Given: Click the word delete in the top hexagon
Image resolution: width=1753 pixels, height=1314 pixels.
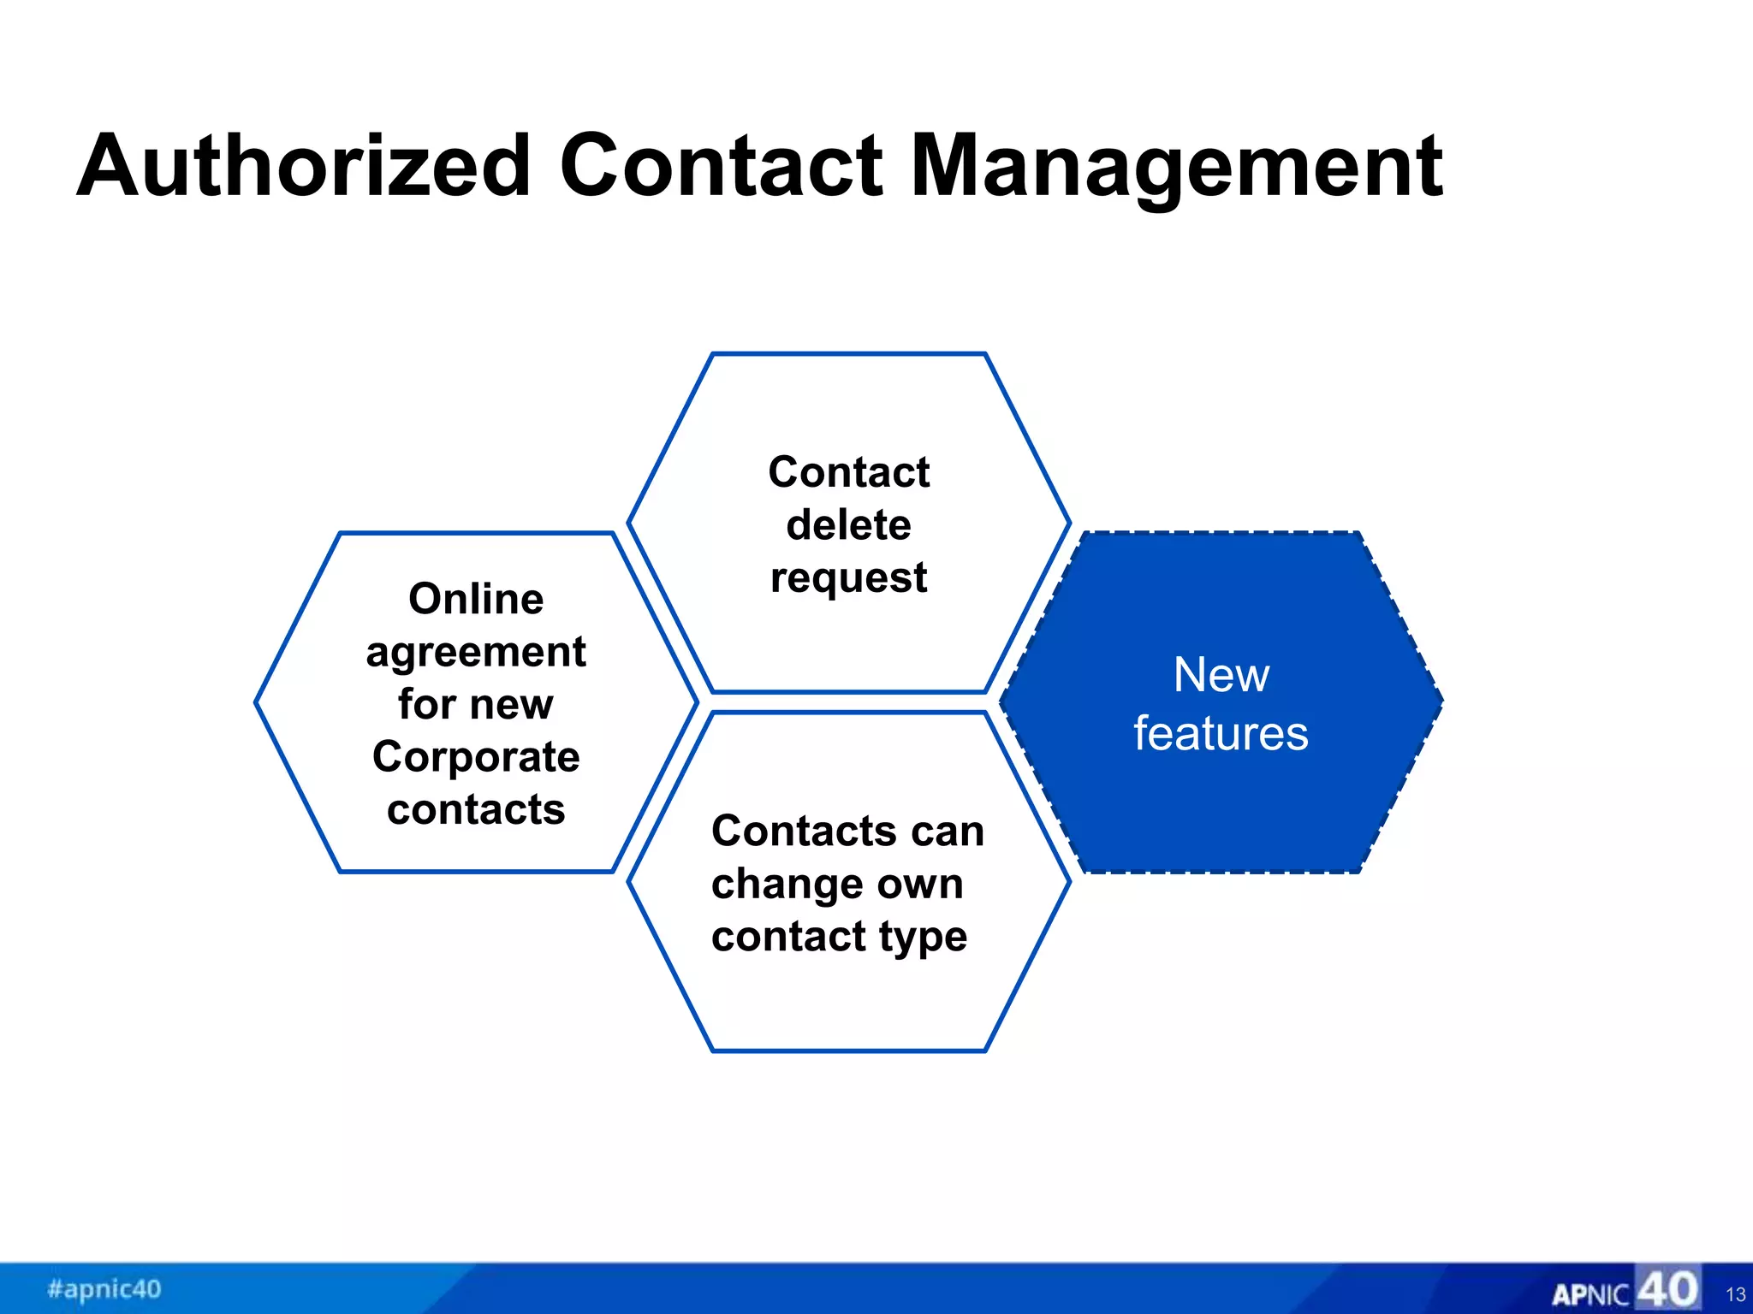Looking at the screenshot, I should point(848,524).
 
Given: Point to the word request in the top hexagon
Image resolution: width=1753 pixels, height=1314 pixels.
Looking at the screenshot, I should point(848,578).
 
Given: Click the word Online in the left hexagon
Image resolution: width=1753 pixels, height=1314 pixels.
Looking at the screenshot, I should point(476,598).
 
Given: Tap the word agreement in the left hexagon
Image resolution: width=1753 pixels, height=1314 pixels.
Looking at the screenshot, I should point(476,653).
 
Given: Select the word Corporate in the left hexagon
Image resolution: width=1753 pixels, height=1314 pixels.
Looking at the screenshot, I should point(476,756).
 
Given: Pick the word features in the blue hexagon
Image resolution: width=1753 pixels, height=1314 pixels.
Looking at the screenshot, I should point(1221,733).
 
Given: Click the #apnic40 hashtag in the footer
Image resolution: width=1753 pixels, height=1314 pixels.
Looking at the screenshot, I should point(104,1288).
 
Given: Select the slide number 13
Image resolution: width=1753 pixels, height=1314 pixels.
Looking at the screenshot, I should point(1735,1294).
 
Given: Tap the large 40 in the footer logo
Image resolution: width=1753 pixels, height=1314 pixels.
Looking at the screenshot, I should point(1667,1288).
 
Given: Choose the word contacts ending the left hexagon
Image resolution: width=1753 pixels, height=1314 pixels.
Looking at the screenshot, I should point(476,809).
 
